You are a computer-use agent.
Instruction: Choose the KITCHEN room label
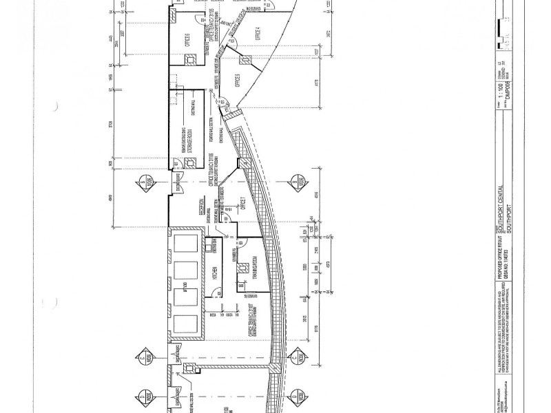coord(216,275)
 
